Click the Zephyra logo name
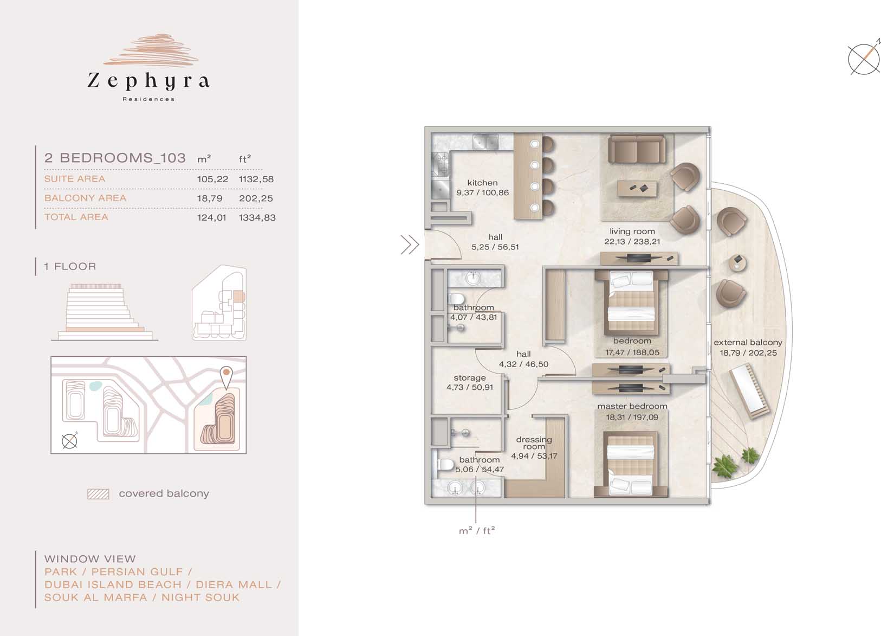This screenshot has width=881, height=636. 148,81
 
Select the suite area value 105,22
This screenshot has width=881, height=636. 212,179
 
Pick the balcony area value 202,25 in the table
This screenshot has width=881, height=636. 256,198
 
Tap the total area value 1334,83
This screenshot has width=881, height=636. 257,217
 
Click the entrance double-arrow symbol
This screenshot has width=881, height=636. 410,245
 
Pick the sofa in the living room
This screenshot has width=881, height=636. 637,149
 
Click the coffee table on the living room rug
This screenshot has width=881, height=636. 637,189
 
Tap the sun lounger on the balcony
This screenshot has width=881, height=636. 750,391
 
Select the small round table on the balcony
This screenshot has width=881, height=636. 737,262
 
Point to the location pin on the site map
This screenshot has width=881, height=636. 226,377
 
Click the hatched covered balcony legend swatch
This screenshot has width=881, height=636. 98,494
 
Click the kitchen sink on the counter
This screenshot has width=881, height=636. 485,142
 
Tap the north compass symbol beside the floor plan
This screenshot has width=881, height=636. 864,59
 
